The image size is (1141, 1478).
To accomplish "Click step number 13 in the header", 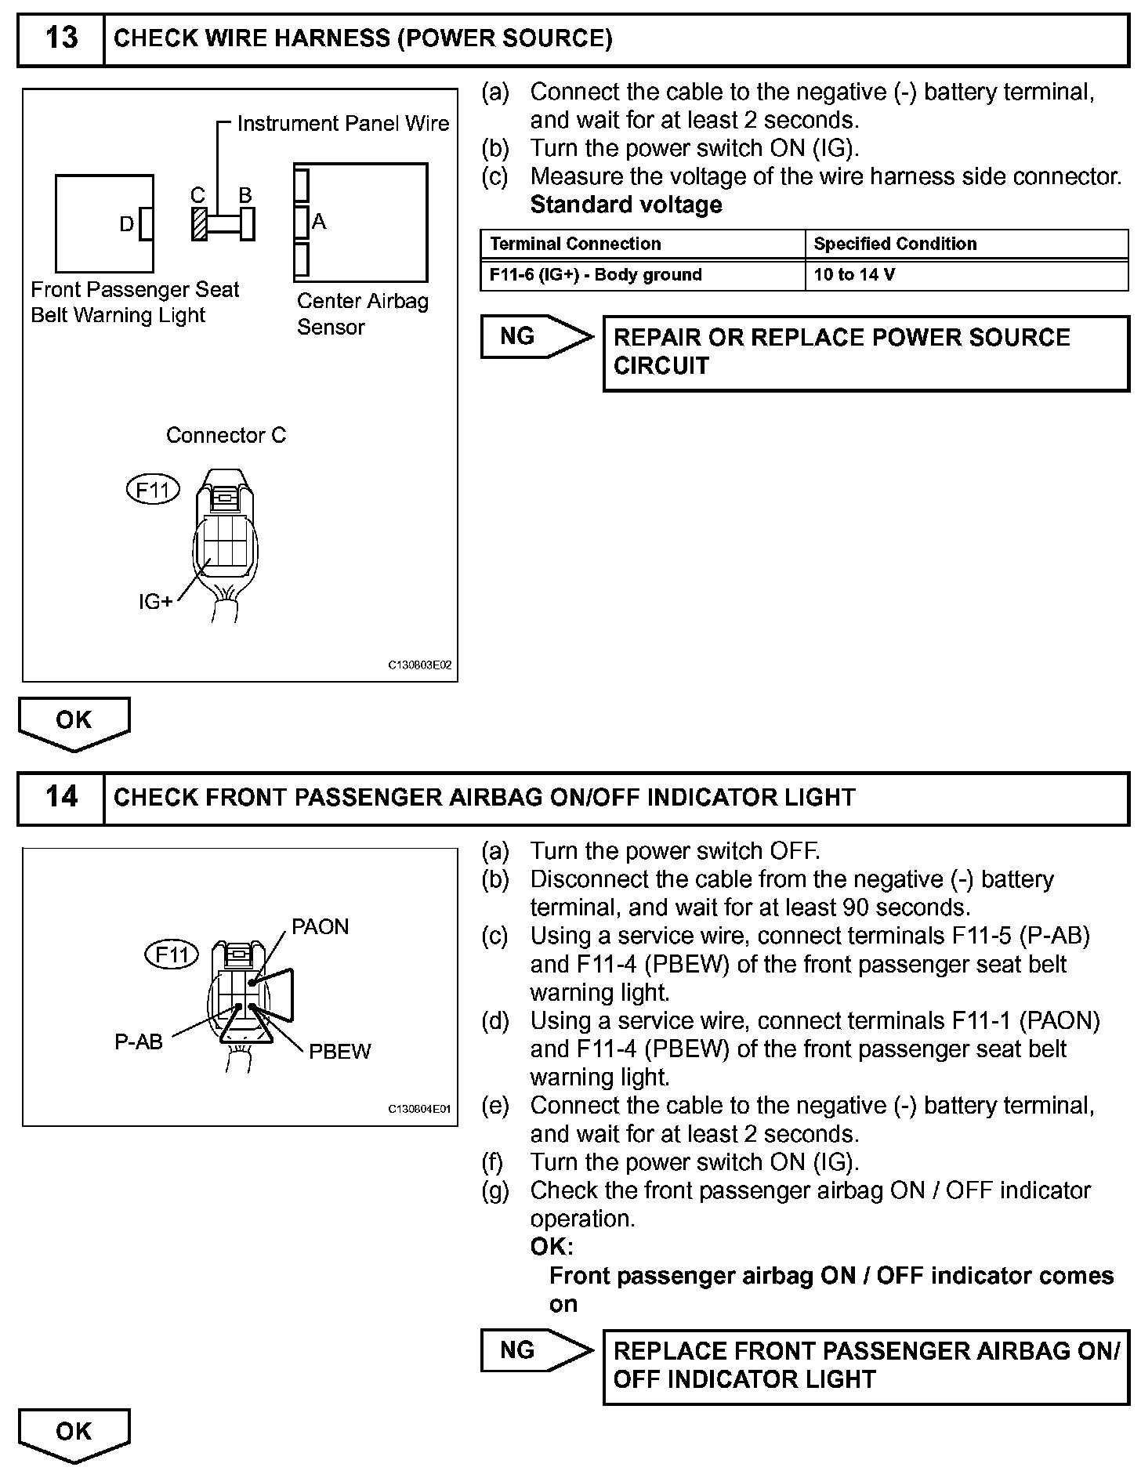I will point(61,38).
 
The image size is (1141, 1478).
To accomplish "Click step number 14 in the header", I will point(61,797).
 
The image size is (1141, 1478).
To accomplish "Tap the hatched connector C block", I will point(200,223).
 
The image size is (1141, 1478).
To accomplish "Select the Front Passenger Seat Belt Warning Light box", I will point(103,223).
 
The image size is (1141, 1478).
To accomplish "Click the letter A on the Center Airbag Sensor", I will point(319,222).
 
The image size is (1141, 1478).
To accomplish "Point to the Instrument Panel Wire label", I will point(342,124).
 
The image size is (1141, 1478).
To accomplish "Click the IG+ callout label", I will point(155,602).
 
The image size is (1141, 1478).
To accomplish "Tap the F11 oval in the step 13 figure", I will point(153,490).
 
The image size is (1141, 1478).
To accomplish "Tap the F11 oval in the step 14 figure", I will point(172,955).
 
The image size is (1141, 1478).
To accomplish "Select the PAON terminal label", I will point(320,927).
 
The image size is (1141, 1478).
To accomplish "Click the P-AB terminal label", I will point(139,1041).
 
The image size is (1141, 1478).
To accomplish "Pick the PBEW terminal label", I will point(340,1052).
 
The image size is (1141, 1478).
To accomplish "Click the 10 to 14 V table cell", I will point(965,275).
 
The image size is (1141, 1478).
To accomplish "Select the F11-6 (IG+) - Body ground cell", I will point(642,275).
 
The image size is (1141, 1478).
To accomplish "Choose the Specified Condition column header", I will point(965,244).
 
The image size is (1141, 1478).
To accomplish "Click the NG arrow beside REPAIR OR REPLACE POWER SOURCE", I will point(534,337).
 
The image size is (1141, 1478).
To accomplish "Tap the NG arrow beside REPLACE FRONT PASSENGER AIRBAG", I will point(534,1350).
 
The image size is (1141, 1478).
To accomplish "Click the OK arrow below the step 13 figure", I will point(74,721).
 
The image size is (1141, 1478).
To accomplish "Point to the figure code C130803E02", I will point(420,665).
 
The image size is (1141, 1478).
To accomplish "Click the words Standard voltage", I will point(626,205).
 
